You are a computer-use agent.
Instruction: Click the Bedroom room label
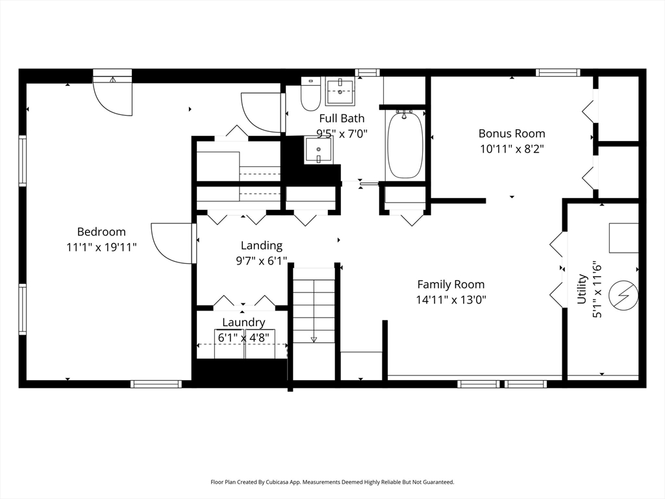pos(101,232)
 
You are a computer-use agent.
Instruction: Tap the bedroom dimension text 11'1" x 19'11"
pos(101,247)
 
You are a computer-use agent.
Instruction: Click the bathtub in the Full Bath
pos(405,144)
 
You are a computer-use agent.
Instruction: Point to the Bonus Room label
pos(512,133)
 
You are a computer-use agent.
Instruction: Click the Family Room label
pos(451,284)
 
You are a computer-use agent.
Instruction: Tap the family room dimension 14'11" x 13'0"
pos(451,300)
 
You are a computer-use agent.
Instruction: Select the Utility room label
pos(583,288)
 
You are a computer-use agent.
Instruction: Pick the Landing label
pos(262,246)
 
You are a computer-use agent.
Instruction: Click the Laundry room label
pos(244,322)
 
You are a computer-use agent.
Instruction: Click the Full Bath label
pos(342,118)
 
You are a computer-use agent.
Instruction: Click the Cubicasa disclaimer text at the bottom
pos(332,482)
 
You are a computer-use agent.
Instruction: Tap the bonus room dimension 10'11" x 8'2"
pos(512,149)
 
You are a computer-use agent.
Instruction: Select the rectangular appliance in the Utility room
pos(623,238)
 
